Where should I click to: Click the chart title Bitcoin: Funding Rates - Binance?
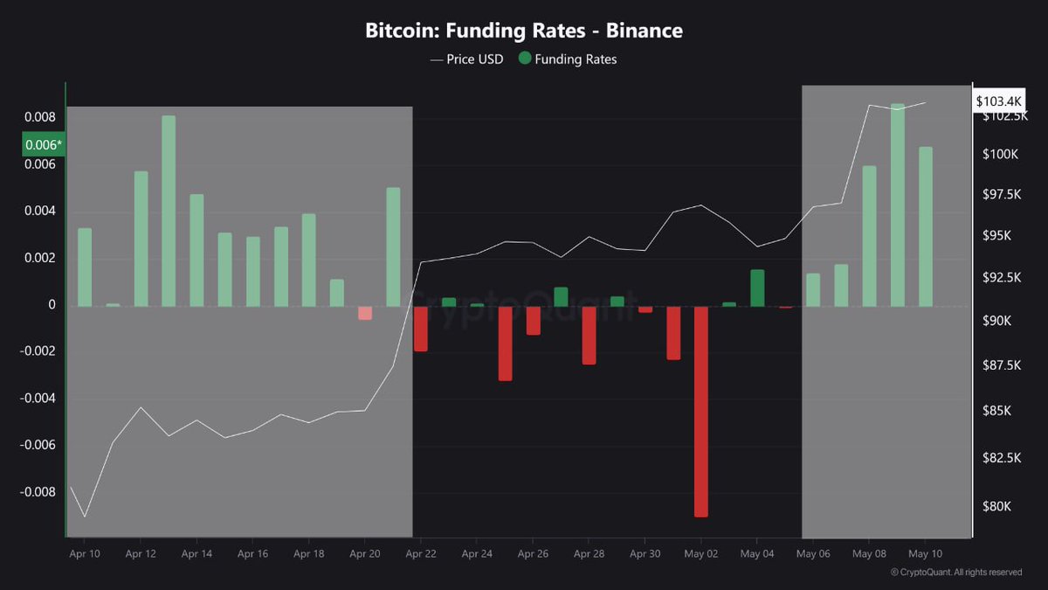coord(524,31)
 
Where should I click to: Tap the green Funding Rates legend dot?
coord(524,59)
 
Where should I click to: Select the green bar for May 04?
coord(757,288)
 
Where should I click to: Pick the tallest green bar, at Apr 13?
coord(169,210)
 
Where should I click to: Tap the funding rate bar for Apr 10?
coord(85,267)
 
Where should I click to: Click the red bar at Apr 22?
coord(421,329)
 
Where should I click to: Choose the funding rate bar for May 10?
coord(926,226)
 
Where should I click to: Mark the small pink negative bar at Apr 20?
coord(365,313)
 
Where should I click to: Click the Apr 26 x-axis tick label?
coord(533,553)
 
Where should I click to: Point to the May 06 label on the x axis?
coord(813,553)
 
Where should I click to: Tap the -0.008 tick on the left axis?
coord(38,492)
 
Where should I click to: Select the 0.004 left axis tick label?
coord(40,211)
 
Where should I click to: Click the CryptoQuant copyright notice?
coord(955,573)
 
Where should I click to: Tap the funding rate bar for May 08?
coord(869,236)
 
